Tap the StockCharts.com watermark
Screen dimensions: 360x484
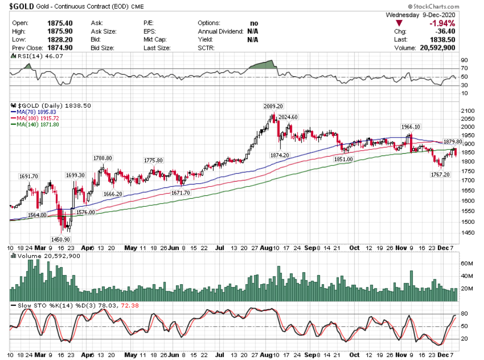432,6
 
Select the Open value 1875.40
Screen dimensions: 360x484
59,23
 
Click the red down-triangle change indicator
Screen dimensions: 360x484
400,23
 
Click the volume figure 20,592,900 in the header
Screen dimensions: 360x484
437,48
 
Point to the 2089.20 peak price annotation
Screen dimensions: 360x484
274,106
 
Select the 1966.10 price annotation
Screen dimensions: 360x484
411,127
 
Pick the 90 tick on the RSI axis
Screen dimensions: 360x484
464,61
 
